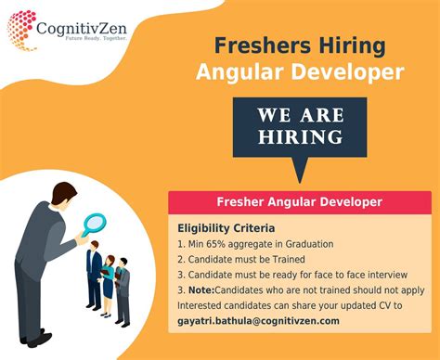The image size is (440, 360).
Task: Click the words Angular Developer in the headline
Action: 300,72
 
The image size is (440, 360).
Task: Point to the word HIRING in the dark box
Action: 300,136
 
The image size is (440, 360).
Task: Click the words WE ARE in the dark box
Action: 300,115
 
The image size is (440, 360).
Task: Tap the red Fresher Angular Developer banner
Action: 299,201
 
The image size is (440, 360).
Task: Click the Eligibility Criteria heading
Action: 226,227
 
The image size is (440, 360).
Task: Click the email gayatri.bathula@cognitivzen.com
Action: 258,321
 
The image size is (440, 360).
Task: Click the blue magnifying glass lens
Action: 95,224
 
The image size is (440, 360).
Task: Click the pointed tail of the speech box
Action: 299,174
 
